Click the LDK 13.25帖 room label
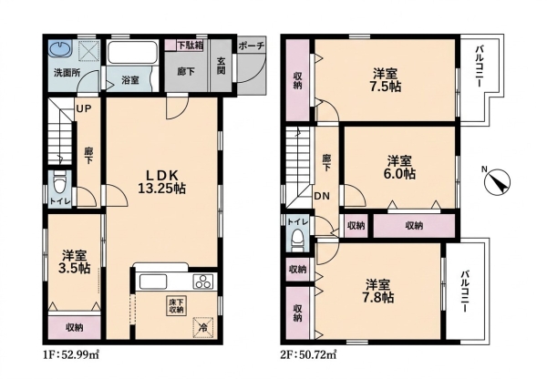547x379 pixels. click(161, 181)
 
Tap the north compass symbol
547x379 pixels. click(498, 181)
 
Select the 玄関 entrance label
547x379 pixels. click(222, 66)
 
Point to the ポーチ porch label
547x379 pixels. click(252, 46)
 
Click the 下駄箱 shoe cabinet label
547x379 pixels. click(190, 46)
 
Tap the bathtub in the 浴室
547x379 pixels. click(132, 52)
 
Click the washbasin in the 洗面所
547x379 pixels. click(60, 49)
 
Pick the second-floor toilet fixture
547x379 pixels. click(297, 241)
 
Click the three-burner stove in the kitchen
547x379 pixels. click(203, 281)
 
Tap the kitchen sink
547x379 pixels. click(153, 281)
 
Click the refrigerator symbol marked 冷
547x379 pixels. click(202, 327)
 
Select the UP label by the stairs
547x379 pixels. click(84, 108)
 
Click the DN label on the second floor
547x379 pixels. click(322, 196)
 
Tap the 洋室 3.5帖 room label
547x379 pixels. click(76, 261)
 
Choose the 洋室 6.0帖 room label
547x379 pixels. click(400, 168)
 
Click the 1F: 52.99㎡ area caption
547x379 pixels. click(71, 355)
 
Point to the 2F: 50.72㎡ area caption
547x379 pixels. click(308, 355)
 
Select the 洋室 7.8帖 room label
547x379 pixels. click(379, 292)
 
